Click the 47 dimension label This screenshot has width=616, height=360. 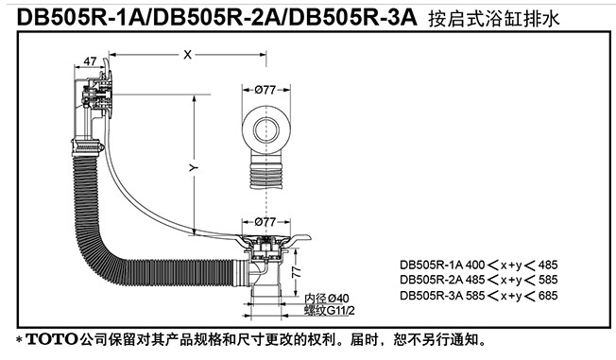[90, 61]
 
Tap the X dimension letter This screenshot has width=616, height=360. [187, 55]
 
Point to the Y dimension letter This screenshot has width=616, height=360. [193, 168]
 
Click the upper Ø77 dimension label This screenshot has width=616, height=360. [265, 90]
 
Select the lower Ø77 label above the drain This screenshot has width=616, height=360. [265, 222]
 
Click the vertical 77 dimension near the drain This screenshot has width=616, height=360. [297, 272]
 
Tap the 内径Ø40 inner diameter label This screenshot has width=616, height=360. [327, 299]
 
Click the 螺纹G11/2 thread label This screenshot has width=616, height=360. [330, 311]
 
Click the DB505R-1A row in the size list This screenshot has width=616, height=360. [479, 265]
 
